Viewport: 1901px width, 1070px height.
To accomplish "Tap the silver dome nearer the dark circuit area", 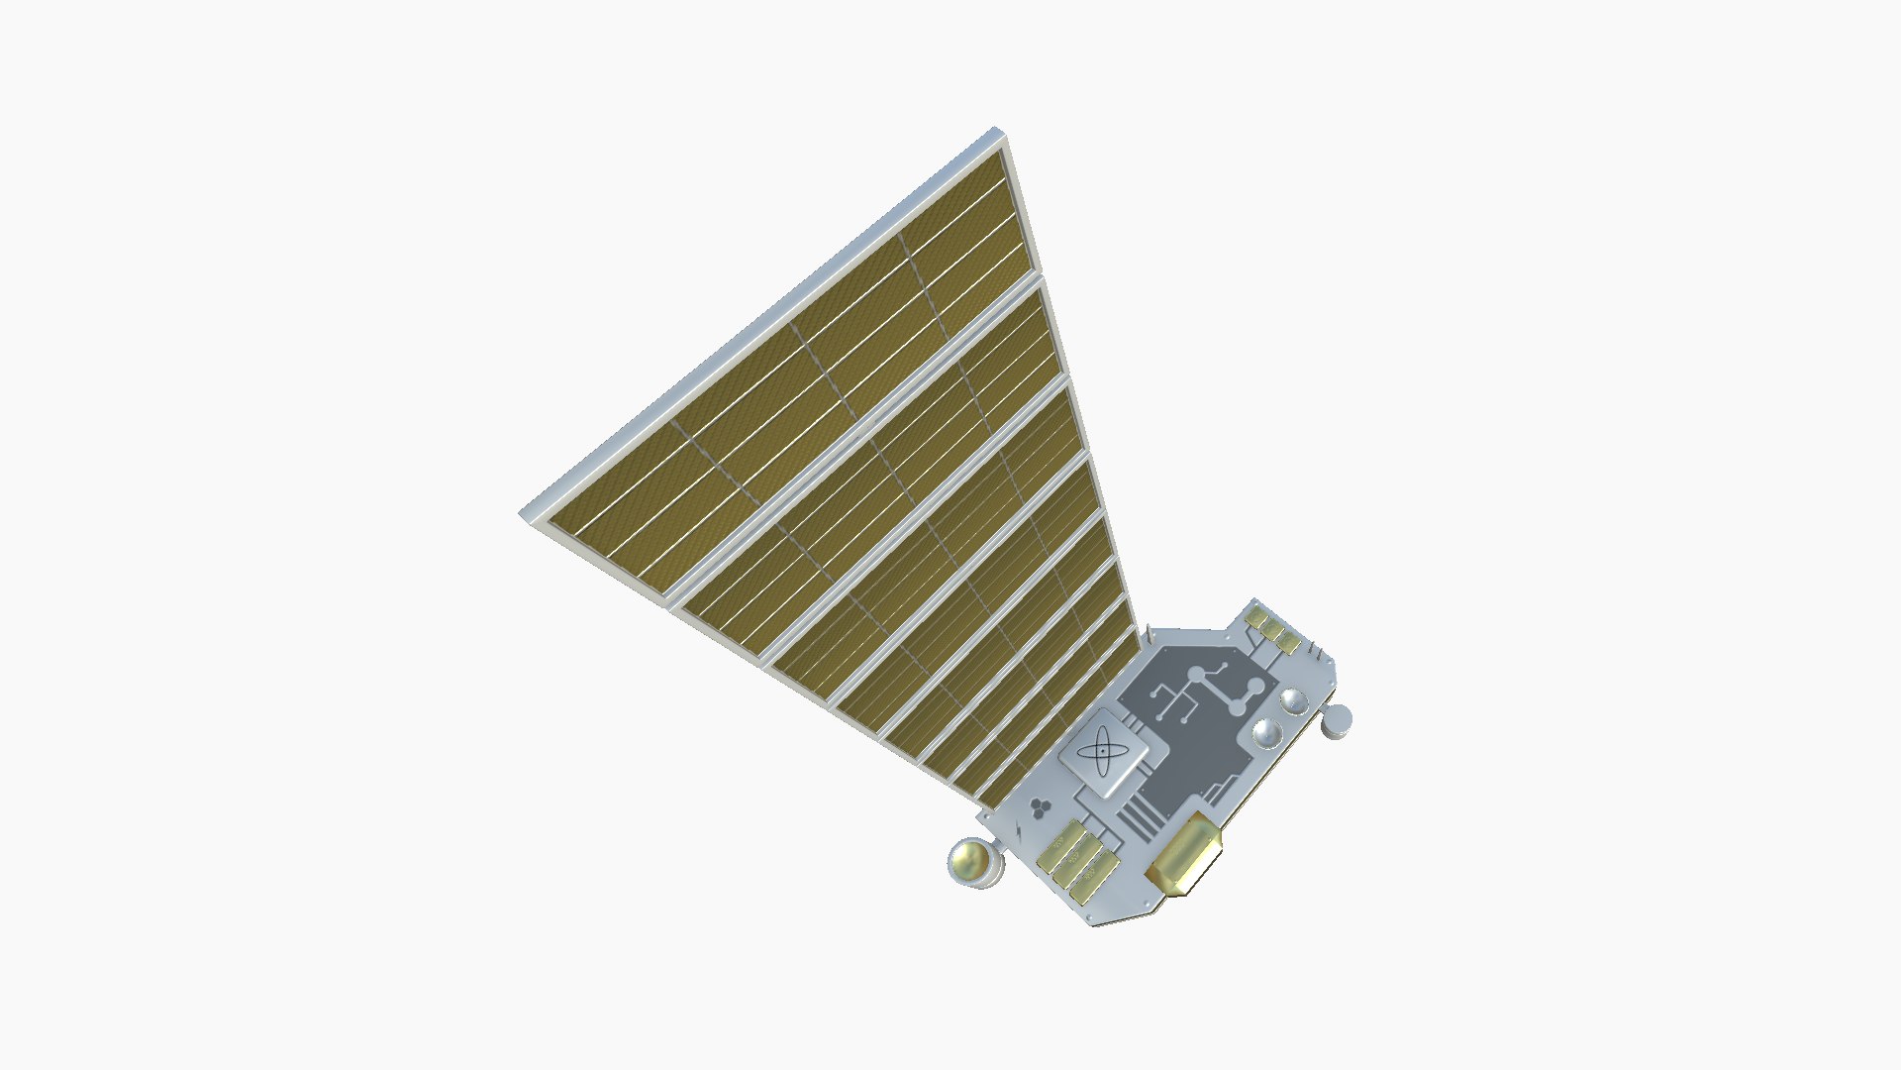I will point(1267,733).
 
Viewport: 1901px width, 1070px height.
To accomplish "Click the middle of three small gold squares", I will point(1272,629).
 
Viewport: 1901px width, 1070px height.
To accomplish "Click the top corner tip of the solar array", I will point(998,130).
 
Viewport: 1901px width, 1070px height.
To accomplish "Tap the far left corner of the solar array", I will point(523,513).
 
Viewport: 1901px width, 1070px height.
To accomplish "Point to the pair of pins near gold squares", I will point(1316,651).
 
